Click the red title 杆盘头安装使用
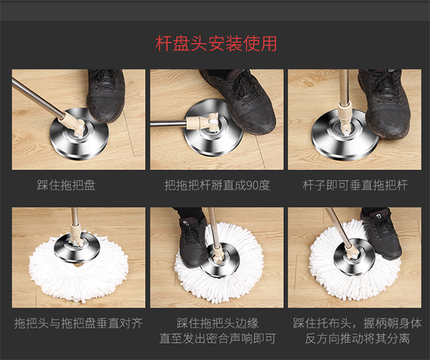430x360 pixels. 216,44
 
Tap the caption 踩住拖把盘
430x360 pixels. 66,185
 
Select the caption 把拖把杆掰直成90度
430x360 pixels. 217,185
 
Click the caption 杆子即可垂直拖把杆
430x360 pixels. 355,185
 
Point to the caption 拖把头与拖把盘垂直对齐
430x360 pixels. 78,323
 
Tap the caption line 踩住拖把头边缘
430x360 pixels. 218,323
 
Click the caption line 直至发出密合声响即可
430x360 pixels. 218,339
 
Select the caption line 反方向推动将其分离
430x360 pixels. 357,339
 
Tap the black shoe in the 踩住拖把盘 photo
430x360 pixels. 105,95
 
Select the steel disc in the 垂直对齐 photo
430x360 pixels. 76,248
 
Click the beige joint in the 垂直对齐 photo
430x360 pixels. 75,233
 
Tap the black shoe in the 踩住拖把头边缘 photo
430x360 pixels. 192,241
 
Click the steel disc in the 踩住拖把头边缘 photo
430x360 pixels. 219,259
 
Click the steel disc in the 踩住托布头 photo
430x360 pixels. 354,256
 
